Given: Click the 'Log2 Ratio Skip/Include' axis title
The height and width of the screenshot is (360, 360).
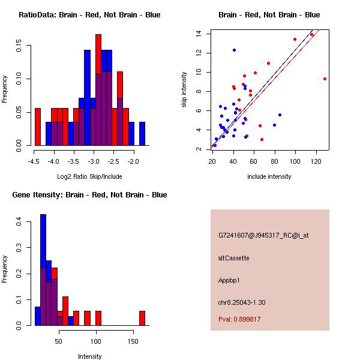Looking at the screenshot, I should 89,176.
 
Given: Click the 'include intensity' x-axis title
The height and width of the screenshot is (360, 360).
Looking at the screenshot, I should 269,176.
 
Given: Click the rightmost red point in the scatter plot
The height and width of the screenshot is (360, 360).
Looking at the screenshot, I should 325,79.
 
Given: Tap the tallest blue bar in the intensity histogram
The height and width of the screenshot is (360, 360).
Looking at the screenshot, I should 43,270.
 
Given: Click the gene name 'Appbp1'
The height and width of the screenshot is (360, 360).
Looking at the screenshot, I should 231,280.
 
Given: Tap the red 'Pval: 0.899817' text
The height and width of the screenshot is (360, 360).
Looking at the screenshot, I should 239,319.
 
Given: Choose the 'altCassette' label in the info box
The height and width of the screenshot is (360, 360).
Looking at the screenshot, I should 234,258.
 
